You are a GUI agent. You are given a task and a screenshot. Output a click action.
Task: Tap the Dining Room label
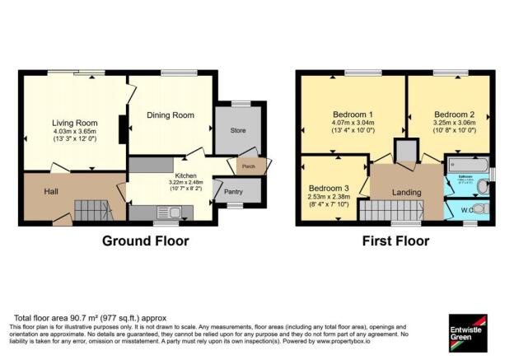pos(170,115)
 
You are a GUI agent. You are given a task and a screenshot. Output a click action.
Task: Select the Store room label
pos(239,129)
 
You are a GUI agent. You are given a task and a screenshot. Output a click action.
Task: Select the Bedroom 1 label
pos(353,114)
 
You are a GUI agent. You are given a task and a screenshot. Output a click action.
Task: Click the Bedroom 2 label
pos(454,114)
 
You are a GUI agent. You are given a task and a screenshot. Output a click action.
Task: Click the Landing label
pos(408,193)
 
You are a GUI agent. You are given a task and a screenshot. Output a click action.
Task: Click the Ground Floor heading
pos(145,241)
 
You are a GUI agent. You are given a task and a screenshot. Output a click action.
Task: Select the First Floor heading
pos(395,241)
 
